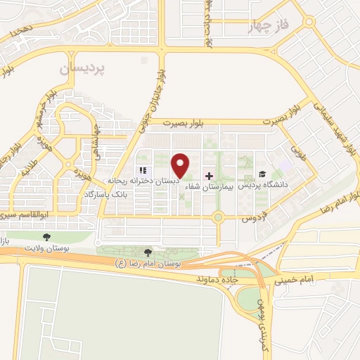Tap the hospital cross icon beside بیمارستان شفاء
point(208,175)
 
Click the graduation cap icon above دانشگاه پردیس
point(262,174)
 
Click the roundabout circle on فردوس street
point(219,217)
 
